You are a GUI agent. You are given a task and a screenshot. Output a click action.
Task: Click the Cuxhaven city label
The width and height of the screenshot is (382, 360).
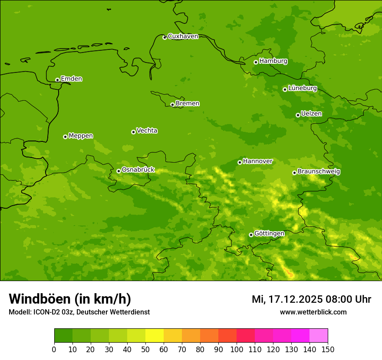183,36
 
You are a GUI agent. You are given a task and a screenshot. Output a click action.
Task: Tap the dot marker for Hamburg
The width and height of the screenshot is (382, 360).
256,62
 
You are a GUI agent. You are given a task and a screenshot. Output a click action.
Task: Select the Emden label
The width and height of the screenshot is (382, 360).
71,79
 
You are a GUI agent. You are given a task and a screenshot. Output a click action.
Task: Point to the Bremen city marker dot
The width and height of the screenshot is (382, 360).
172,105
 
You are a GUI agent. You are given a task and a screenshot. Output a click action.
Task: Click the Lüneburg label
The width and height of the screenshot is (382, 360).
302,88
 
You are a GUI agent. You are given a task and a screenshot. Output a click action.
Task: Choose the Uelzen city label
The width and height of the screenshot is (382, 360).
311,114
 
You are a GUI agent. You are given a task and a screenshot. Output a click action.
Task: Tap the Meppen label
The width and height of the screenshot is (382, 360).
81,136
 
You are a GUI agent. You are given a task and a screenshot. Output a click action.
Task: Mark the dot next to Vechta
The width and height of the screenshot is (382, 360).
133,132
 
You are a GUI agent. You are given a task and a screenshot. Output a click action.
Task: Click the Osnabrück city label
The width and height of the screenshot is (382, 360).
138,170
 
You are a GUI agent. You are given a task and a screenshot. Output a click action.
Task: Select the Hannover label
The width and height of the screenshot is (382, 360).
258,161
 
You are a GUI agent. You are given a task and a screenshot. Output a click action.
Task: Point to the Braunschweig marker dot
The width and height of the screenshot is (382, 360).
294,173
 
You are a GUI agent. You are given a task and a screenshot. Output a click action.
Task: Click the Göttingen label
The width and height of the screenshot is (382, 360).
269,233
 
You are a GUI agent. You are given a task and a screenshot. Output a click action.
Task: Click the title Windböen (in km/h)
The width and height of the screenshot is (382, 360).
70,299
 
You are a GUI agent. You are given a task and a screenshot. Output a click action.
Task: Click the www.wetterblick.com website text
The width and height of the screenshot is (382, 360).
313,312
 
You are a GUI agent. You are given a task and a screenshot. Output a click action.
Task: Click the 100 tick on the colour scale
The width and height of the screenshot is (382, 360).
237,349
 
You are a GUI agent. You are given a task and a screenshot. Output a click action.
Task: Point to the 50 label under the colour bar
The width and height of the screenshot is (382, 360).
145,349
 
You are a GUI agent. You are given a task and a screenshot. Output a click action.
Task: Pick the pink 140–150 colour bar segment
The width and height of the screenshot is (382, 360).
319,336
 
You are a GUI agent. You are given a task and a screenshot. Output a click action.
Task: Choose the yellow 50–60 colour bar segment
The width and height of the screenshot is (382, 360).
155,336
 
